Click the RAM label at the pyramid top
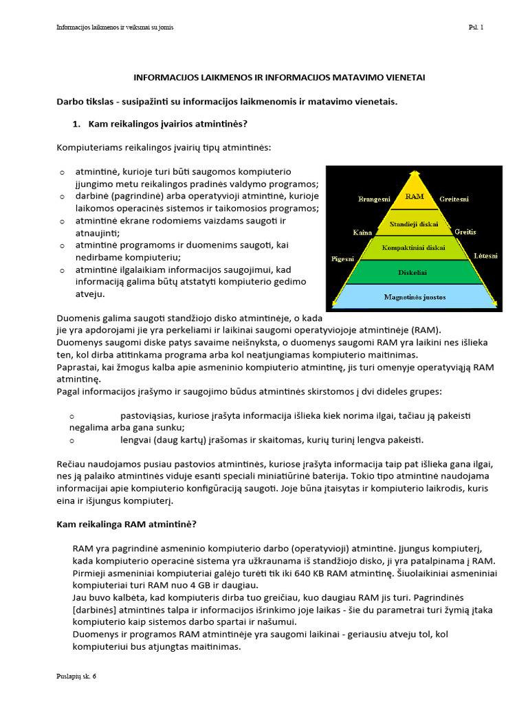(415, 197)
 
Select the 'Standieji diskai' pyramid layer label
(414, 224)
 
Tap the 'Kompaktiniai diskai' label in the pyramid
(413, 247)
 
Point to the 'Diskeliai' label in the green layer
(413, 272)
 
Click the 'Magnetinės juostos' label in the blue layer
(414, 297)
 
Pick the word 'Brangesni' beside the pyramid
(374, 199)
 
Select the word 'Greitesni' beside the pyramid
(454, 199)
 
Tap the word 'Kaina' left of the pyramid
(362, 232)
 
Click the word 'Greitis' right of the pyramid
(465, 232)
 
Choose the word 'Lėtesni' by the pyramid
(485, 256)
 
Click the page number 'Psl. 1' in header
(476, 27)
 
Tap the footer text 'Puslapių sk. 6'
(76, 676)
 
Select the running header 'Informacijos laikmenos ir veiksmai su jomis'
(115, 27)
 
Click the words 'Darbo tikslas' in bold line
(85, 102)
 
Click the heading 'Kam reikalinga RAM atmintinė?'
(126, 525)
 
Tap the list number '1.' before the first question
(77, 124)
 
